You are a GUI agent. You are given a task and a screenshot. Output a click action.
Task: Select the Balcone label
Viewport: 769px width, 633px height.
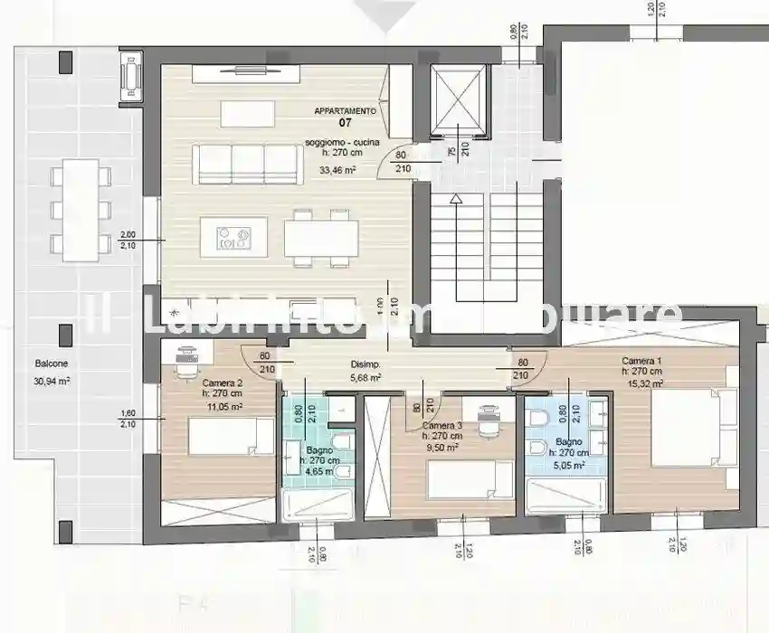coord(52,364)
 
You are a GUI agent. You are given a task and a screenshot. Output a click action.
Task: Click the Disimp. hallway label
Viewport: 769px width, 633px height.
coord(365,365)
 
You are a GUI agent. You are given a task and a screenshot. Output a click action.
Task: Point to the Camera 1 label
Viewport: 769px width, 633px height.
coord(641,361)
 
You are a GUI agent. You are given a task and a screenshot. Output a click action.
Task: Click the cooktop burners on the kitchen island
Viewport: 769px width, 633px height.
coord(233,238)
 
